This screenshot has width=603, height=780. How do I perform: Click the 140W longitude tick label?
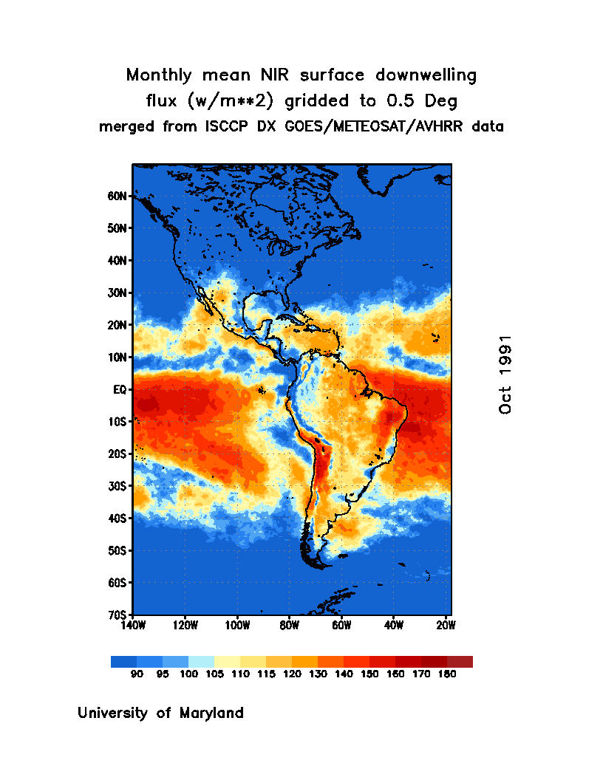coord(133,625)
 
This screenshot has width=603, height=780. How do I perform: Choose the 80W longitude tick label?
coord(289,625)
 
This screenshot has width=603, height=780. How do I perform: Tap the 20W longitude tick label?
coord(446,625)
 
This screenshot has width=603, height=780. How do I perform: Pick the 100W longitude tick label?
coord(237,625)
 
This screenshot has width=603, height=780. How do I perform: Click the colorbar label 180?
coord(446,674)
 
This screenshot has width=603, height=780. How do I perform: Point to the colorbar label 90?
coord(137,674)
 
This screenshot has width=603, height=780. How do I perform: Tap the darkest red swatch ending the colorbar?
coord(460,661)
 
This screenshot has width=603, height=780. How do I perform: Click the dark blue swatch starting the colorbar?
coord(123,661)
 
